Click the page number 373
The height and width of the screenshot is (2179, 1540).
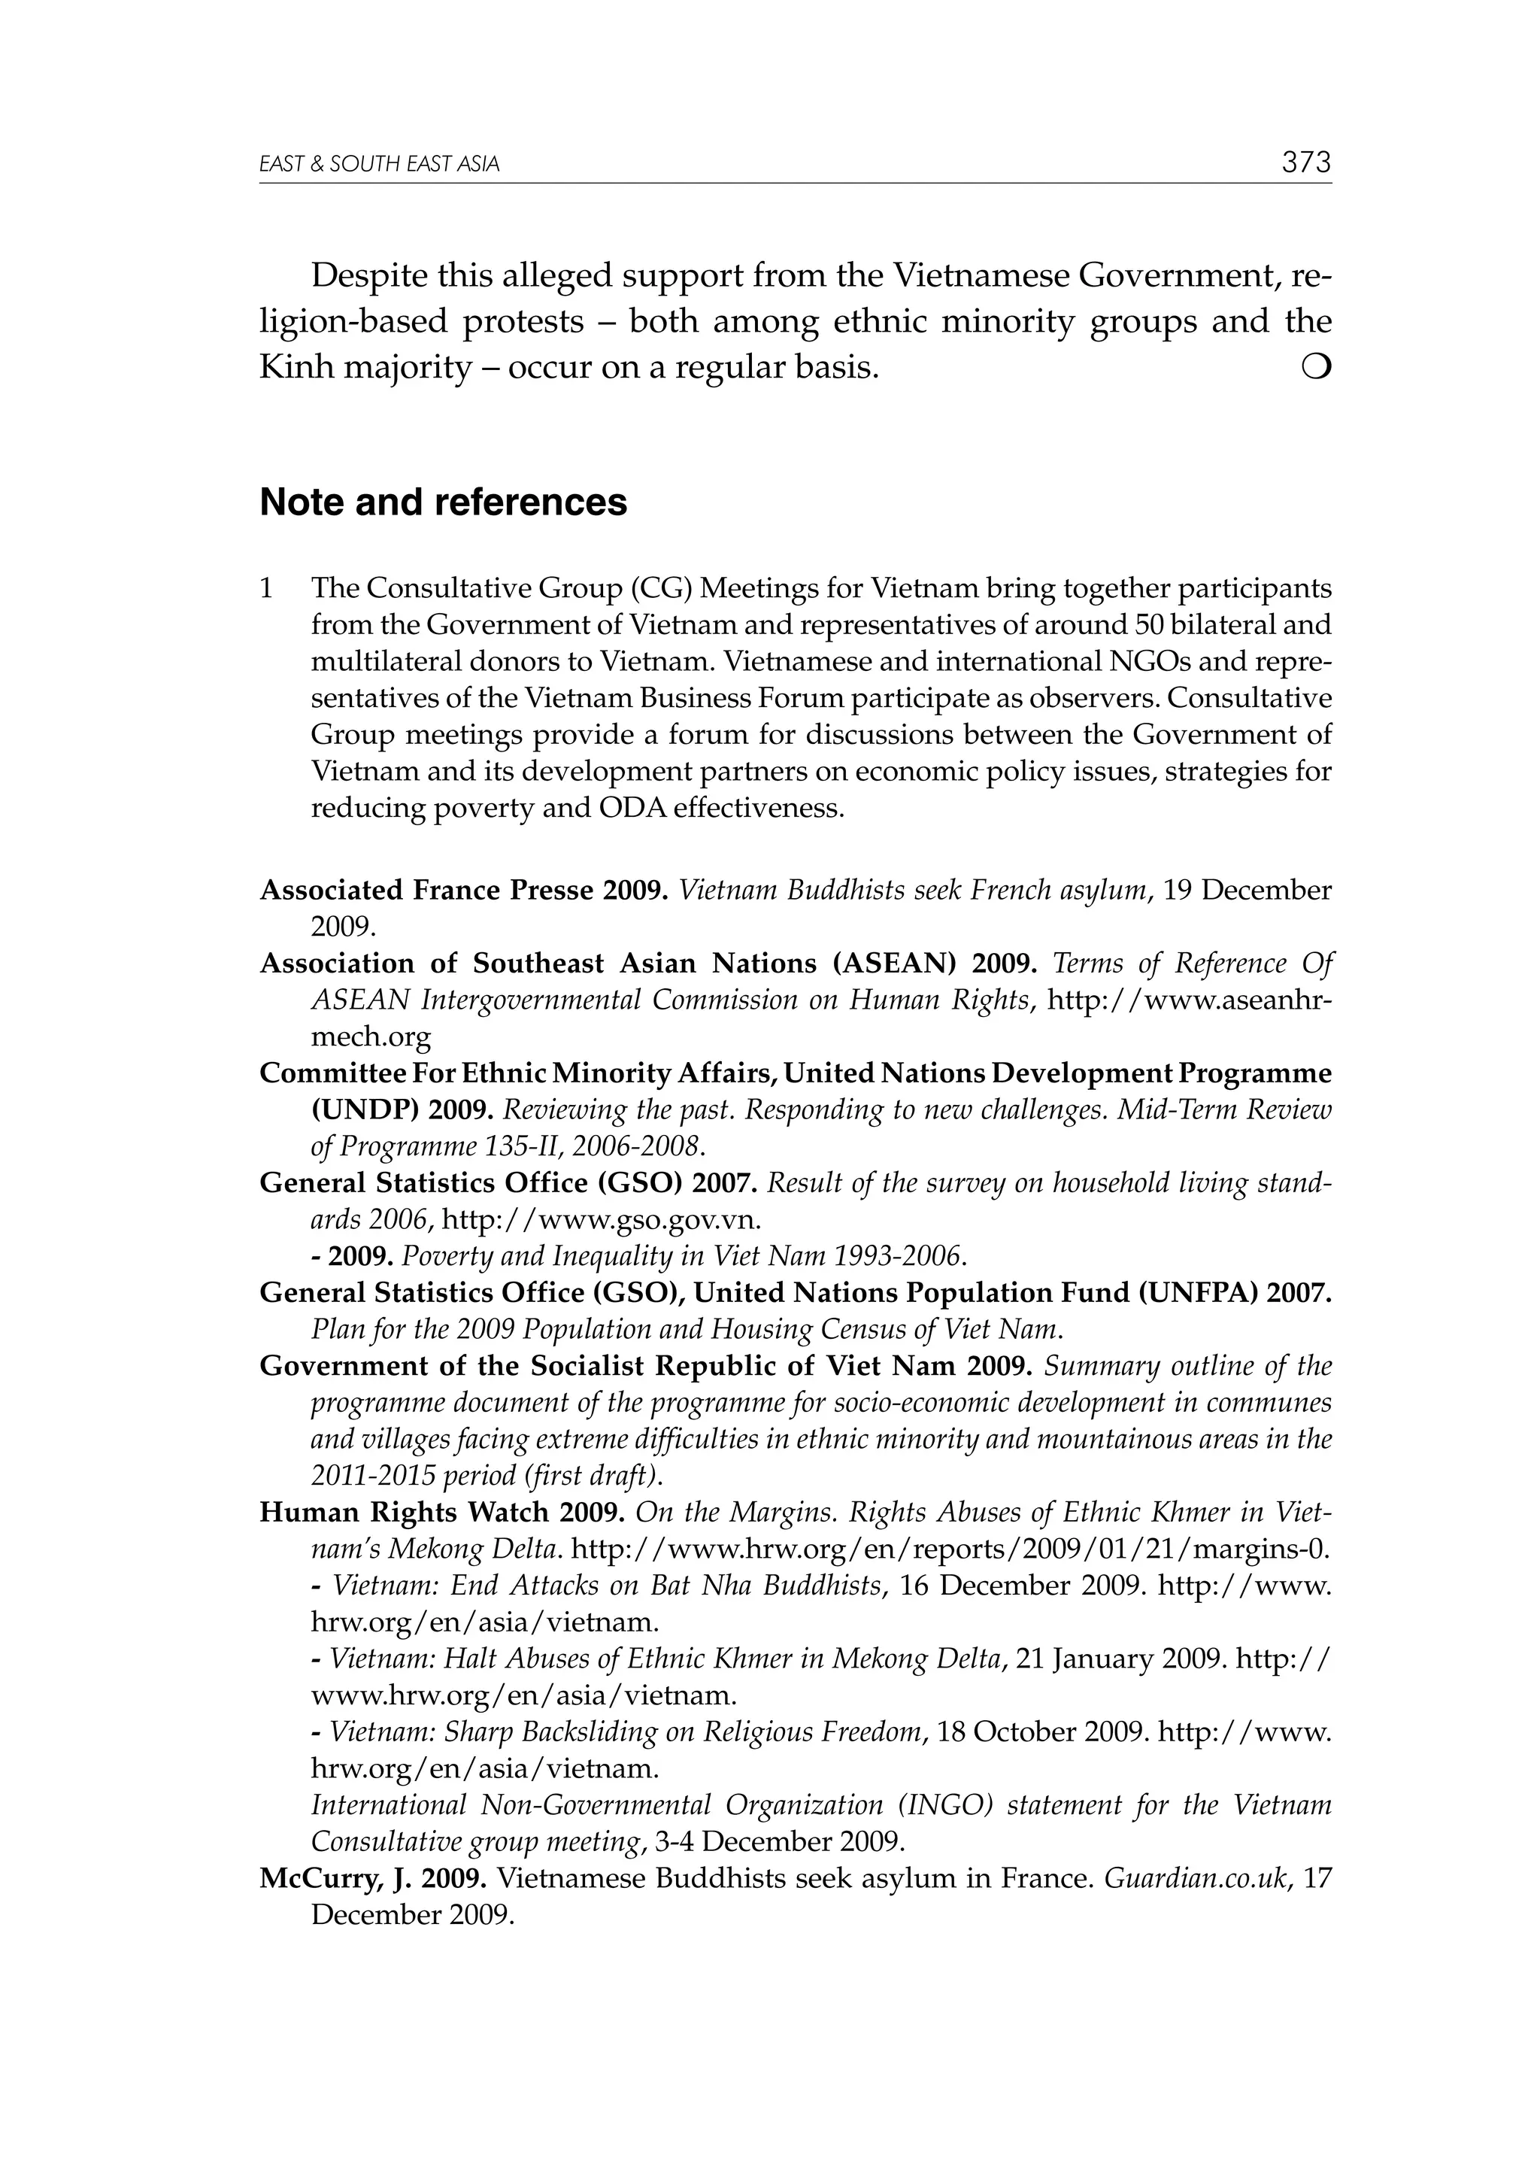click(1305, 162)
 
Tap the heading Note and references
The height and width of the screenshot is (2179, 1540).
click(443, 502)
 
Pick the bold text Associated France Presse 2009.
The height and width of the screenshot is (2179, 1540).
click(464, 891)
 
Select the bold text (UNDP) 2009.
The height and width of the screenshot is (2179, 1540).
click(401, 1109)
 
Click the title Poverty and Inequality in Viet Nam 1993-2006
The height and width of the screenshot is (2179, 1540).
click(684, 1257)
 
